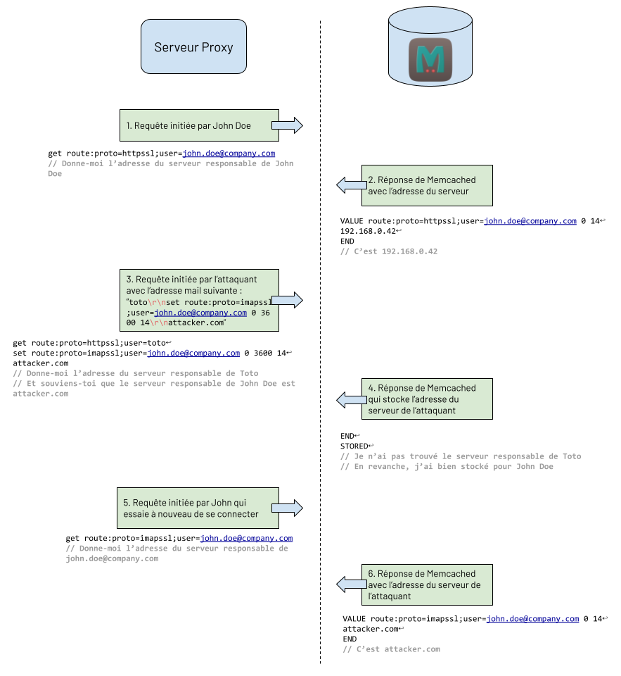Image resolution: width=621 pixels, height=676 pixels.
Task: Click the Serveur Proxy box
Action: point(193,46)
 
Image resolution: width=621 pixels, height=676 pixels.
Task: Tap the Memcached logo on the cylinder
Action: point(430,61)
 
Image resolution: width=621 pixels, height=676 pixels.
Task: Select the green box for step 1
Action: point(199,125)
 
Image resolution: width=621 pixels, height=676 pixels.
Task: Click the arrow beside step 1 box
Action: point(287,125)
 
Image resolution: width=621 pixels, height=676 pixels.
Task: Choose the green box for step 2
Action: point(428,185)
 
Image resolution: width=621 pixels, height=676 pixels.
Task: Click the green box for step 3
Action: point(199,299)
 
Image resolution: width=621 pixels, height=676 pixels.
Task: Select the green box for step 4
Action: point(428,400)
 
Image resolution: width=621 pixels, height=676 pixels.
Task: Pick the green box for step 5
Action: point(199,508)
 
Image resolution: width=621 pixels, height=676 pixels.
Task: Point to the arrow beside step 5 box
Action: point(287,508)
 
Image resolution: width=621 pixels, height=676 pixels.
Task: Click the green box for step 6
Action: point(428,584)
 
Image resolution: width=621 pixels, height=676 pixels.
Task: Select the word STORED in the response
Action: point(354,446)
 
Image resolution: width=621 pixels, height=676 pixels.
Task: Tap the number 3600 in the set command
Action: point(262,353)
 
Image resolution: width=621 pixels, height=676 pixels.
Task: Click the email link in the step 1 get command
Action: point(229,153)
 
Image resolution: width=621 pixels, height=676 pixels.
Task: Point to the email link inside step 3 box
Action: point(200,313)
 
